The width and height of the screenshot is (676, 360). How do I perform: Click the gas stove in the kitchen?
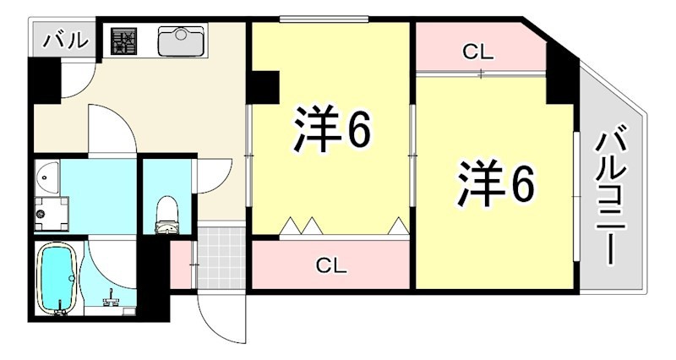click(123, 41)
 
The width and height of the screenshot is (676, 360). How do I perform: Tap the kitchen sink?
click(181, 41)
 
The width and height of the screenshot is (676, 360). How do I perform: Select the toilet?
click(166, 215)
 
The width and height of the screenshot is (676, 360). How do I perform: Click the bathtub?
click(57, 277)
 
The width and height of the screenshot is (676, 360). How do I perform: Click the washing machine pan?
click(52, 214)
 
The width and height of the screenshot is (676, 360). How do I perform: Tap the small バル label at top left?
click(65, 41)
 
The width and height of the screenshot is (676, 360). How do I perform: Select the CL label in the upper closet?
click(477, 52)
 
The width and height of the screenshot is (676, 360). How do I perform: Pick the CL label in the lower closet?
click(331, 265)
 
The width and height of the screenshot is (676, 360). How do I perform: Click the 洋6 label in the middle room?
click(332, 128)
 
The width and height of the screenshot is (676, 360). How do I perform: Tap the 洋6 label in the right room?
click(496, 183)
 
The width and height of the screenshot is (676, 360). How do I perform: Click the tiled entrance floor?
click(221, 258)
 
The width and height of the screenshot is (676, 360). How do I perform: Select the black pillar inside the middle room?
click(265, 87)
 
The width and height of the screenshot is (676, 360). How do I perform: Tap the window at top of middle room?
click(324, 19)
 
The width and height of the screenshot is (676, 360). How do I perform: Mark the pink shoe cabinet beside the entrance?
click(181, 265)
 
